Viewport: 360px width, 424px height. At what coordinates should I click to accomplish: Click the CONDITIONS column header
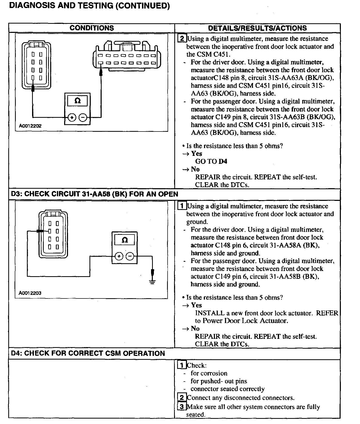92,28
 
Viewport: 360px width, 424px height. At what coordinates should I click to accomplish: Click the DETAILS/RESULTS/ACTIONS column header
257,28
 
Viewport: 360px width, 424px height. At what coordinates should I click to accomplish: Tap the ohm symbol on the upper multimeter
77,100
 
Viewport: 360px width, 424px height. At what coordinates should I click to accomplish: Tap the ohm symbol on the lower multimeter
124,240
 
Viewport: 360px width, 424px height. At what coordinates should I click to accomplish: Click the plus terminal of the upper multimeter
72,118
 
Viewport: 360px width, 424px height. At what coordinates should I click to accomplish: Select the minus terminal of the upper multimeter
83,118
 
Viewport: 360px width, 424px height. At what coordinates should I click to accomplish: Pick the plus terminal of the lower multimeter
119,257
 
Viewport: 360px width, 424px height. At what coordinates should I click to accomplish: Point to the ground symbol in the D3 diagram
153,282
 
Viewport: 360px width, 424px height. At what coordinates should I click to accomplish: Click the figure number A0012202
30,126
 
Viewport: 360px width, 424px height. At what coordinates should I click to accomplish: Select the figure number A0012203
30,293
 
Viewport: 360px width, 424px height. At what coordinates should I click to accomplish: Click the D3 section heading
94,194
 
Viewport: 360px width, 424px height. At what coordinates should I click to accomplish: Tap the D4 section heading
88,354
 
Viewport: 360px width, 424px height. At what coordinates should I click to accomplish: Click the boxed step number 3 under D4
182,407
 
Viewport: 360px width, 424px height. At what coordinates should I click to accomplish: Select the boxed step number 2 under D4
182,398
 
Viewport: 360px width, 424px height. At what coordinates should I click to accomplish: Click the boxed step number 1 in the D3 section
182,206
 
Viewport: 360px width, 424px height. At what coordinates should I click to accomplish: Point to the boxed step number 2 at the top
182,39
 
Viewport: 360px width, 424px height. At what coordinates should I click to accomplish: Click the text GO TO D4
211,162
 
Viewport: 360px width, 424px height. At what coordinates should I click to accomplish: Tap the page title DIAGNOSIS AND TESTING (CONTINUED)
89,6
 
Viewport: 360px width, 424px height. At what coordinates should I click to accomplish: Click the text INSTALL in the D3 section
210,313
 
